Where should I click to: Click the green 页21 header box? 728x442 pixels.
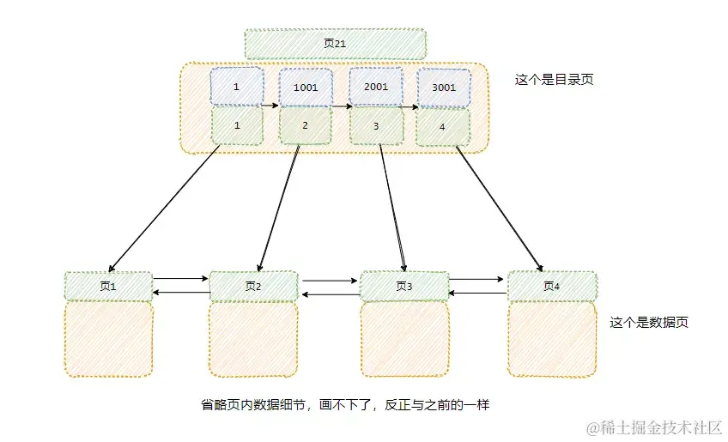click(x=335, y=44)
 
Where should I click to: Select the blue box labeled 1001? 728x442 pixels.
click(x=306, y=87)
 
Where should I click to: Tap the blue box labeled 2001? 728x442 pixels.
click(x=376, y=87)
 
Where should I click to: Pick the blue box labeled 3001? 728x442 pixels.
click(x=444, y=87)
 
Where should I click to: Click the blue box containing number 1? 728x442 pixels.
click(x=236, y=87)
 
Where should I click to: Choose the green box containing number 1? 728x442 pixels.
click(x=236, y=125)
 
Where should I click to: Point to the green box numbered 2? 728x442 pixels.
click(x=305, y=125)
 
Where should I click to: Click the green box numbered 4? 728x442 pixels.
click(x=443, y=127)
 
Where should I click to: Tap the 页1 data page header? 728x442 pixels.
click(x=108, y=287)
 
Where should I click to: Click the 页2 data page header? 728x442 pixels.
click(x=253, y=287)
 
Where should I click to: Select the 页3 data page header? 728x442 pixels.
click(x=403, y=287)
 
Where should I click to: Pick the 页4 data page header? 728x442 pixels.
click(x=551, y=287)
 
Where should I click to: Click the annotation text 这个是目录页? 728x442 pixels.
click(x=554, y=80)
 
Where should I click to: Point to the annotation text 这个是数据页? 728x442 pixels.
click(x=649, y=323)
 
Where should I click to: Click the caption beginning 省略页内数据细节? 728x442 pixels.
click(x=344, y=403)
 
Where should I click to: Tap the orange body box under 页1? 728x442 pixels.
click(x=108, y=338)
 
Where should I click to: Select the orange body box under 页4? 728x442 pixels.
click(x=551, y=339)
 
